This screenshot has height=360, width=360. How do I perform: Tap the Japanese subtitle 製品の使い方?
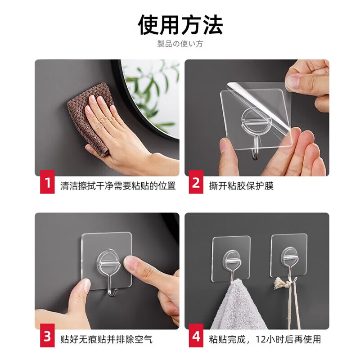click(x=180, y=44)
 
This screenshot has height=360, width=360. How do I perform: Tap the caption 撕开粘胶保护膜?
click(x=241, y=186)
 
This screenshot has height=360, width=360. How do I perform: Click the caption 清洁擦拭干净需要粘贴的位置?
click(x=118, y=186)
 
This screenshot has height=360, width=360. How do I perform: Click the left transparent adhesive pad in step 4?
click(x=231, y=256)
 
